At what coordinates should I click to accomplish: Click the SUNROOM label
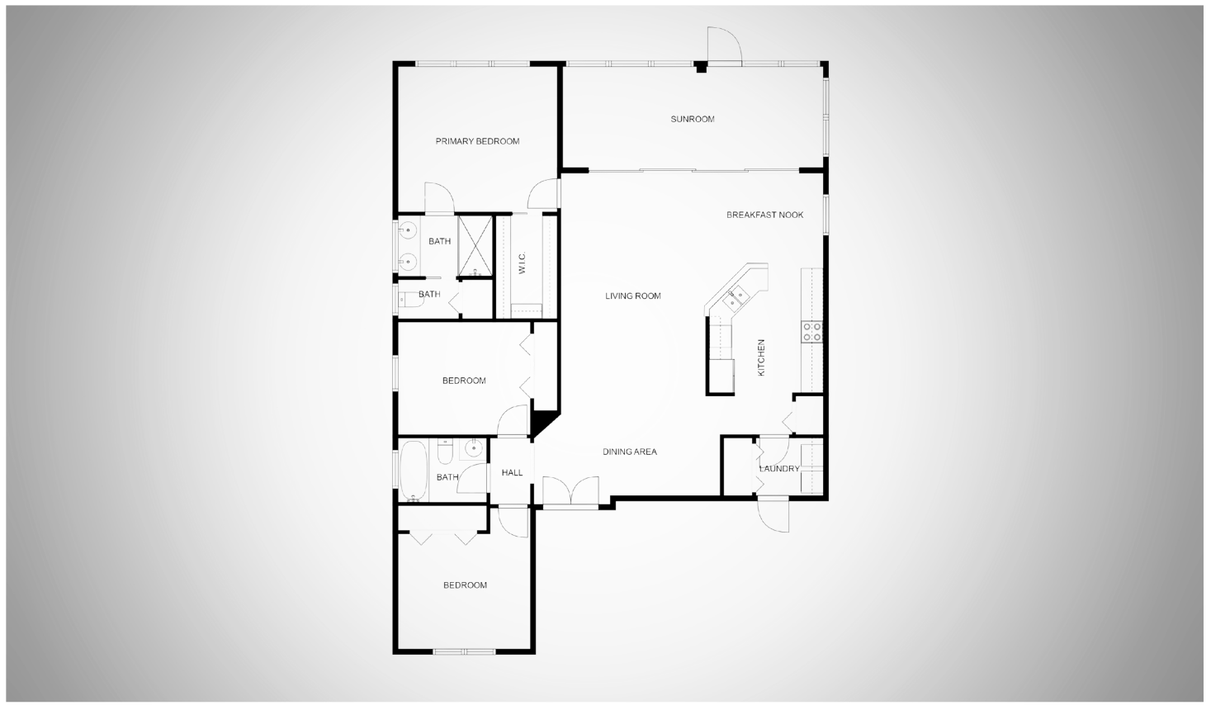click(x=692, y=119)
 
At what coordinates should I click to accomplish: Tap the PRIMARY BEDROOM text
click(x=477, y=141)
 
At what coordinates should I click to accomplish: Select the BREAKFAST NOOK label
click(x=764, y=215)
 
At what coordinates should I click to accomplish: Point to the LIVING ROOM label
click(x=632, y=296)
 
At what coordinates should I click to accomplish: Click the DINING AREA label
click(x=630, y=452)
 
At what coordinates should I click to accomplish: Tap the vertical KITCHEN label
click(x=761, y=357)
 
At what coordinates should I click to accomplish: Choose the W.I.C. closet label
click(x=522, y=263)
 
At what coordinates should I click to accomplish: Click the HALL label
click(x=512, y=472)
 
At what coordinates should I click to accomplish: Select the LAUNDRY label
click(x=779, y=468)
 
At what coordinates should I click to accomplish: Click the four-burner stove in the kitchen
click(x=811, y=332)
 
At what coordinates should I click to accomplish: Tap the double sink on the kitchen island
click(x=736, y=298)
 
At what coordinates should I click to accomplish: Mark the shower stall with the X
click(x=475, y=246)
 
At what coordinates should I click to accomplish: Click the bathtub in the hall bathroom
click(x=414, y=471)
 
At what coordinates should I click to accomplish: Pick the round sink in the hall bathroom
click(x=474, y=448)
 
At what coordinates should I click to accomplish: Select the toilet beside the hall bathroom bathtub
click(x=445, y=452)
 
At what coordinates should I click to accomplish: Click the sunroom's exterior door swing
click(x=725, y=45)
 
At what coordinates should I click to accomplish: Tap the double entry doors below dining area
click(x=570, y=490)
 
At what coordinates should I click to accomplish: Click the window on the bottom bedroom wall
click(x=465, y=651)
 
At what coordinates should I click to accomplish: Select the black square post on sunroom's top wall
click(x=701, y=67)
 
